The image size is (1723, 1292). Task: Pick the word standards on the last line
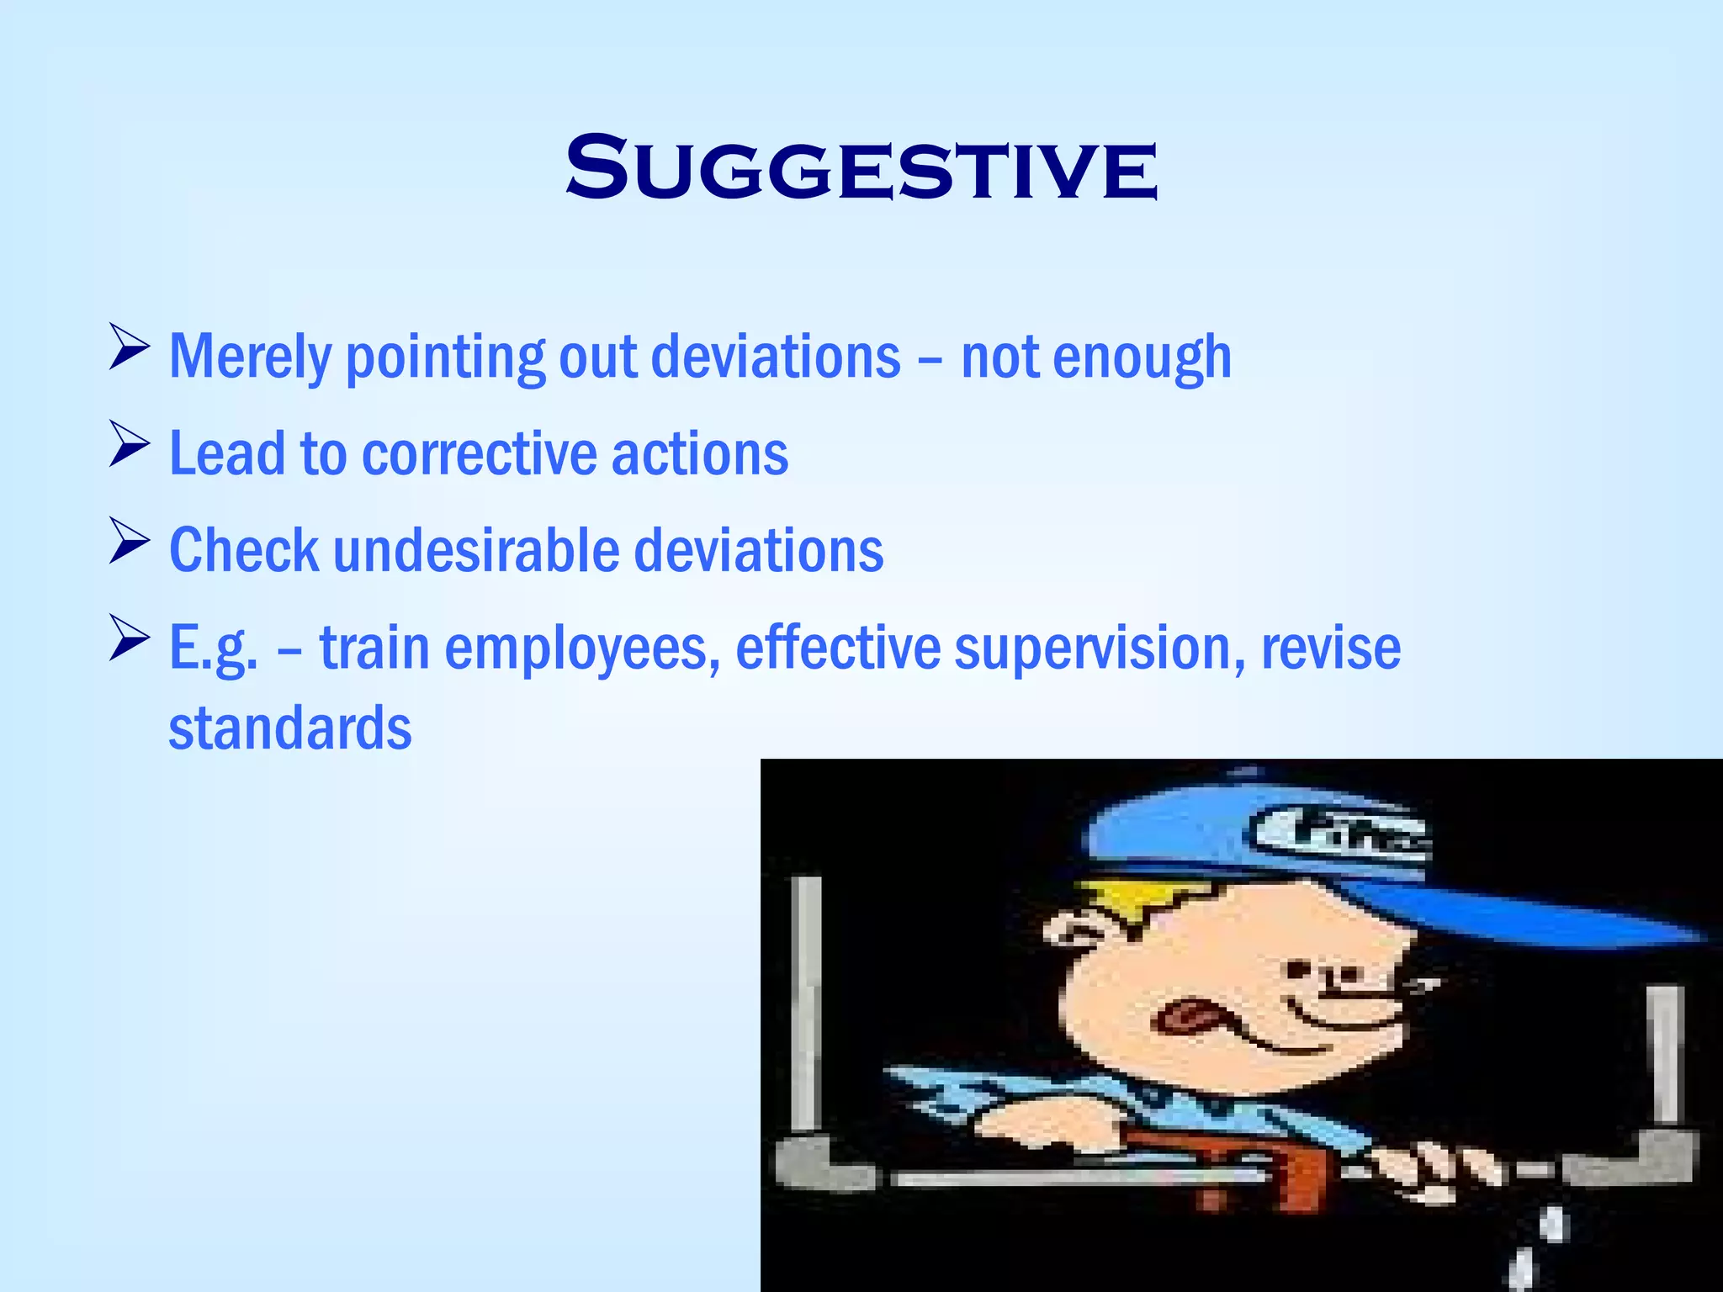[x=290, y=728]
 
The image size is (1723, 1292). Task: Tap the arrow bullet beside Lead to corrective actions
[x=129, y=445]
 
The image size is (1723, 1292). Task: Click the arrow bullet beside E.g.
[x=129, y=638]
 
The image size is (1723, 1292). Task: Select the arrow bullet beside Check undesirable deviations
[x=129, y=542]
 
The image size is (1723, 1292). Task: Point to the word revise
[x=1330, y=649]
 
